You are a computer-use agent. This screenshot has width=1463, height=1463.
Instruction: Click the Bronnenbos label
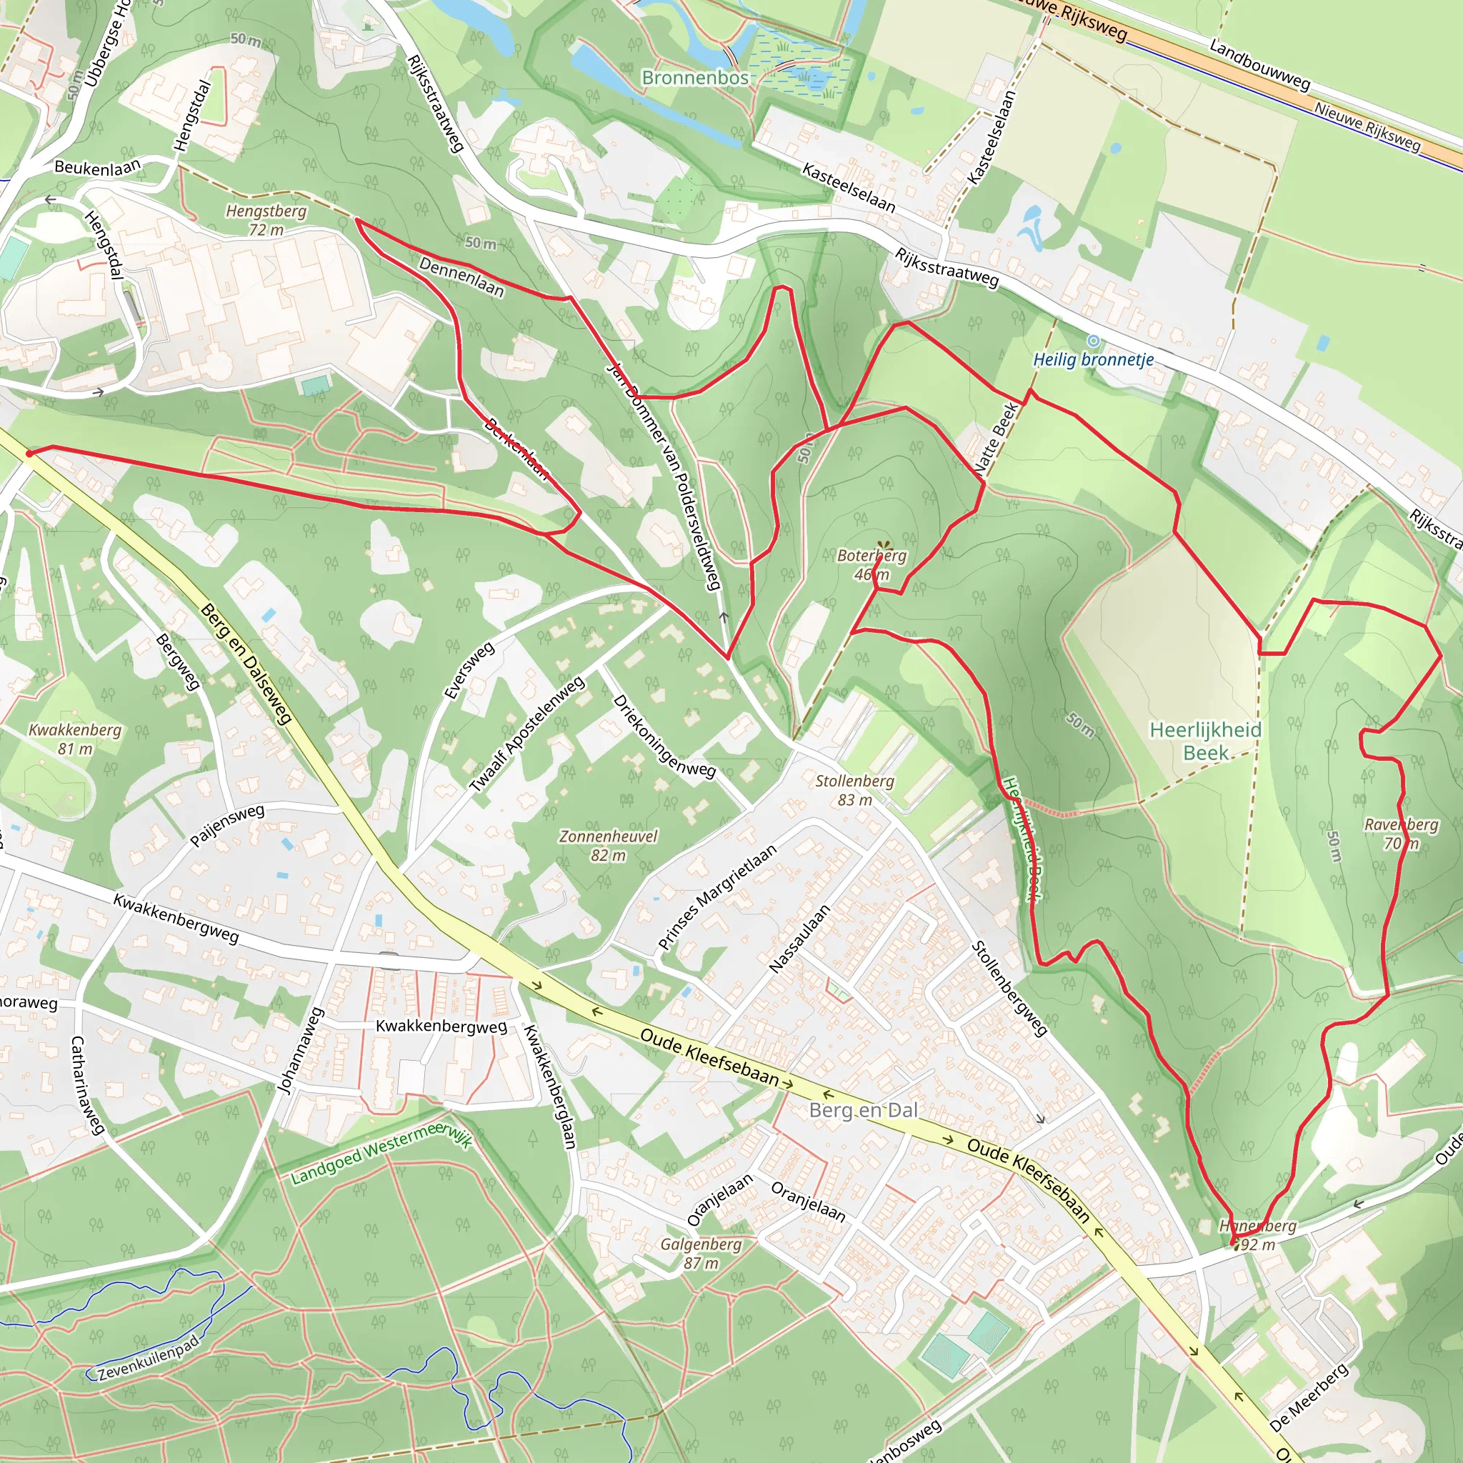[694, 78]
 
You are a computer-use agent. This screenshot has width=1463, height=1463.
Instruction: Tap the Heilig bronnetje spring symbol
[1093, 341]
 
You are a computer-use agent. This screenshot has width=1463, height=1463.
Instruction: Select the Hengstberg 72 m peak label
[266, 219]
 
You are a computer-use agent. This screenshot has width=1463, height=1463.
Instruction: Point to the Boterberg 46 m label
[872, 564]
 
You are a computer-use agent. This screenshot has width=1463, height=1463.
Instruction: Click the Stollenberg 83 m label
[854, 790]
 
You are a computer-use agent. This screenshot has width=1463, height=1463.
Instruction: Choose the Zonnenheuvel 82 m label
[608, 845]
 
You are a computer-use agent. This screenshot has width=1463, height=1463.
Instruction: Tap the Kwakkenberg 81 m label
[75, 739]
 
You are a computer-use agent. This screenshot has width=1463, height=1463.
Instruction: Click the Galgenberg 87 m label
[701, 1253]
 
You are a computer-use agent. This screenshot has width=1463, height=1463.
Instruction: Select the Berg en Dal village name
[863, 1110]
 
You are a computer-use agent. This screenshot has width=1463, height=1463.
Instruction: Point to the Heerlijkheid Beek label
[1206, 741]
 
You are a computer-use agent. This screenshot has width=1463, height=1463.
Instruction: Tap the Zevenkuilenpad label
[149, 1358]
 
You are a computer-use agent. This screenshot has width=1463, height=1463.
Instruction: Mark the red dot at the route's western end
[29, 454]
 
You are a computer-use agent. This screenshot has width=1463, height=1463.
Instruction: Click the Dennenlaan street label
[461, 276]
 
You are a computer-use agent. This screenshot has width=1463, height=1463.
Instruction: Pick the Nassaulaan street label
[799, 939]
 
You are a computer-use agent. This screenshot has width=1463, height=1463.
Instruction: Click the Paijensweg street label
[226, 825]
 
